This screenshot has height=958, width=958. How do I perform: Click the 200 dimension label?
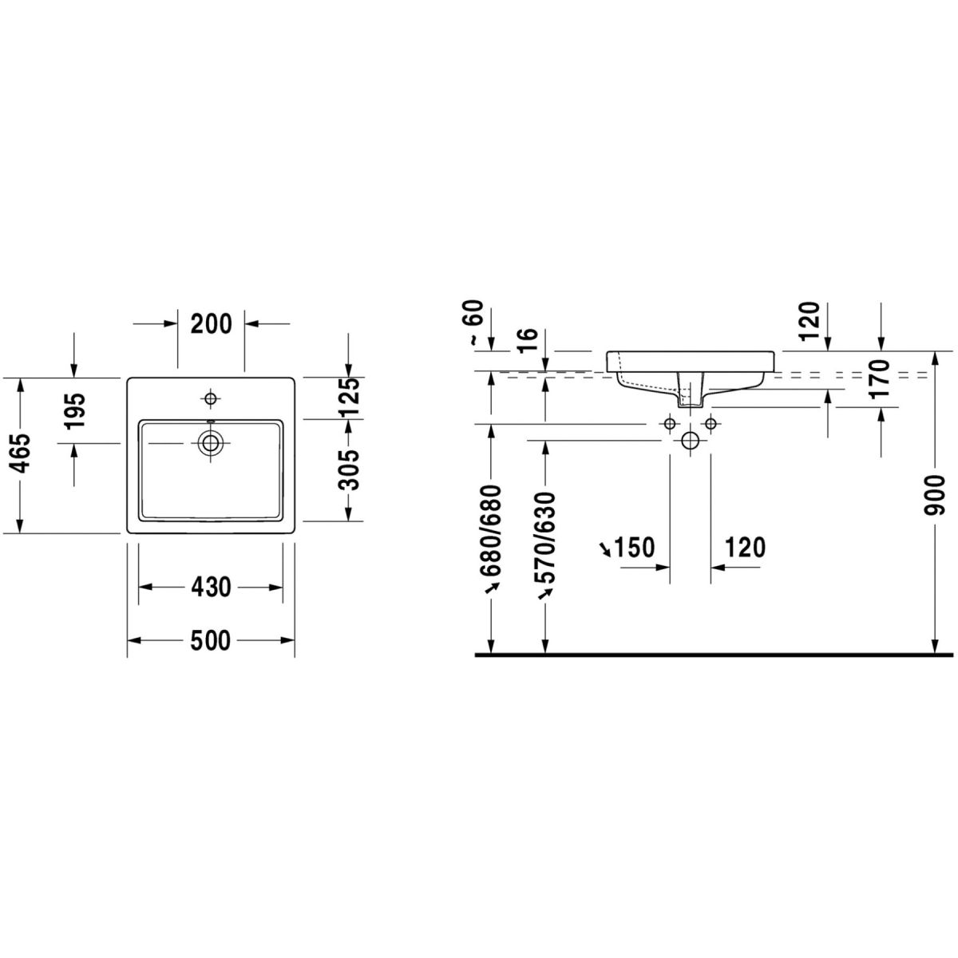click(212, 324)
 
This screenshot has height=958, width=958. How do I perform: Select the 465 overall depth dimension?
click(22, 454)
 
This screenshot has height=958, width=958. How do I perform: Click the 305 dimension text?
click(350, 469)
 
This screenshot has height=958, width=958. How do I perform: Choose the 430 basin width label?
click(211, 587)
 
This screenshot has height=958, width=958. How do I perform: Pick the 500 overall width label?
click(211, 640)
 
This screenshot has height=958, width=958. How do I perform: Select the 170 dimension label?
click(880, 378)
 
